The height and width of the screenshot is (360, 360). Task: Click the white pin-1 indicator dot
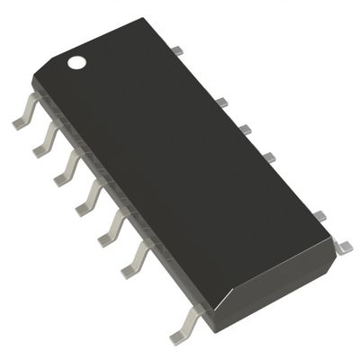click(x=78, y=63)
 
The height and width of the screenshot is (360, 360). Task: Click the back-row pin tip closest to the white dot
click(x=177, y=49)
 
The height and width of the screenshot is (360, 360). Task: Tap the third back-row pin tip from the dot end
click(x=244, y=130)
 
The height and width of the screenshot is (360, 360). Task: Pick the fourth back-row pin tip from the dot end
click(x=268, y=158)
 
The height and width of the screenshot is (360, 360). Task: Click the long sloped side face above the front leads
click(x=117, y=198)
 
